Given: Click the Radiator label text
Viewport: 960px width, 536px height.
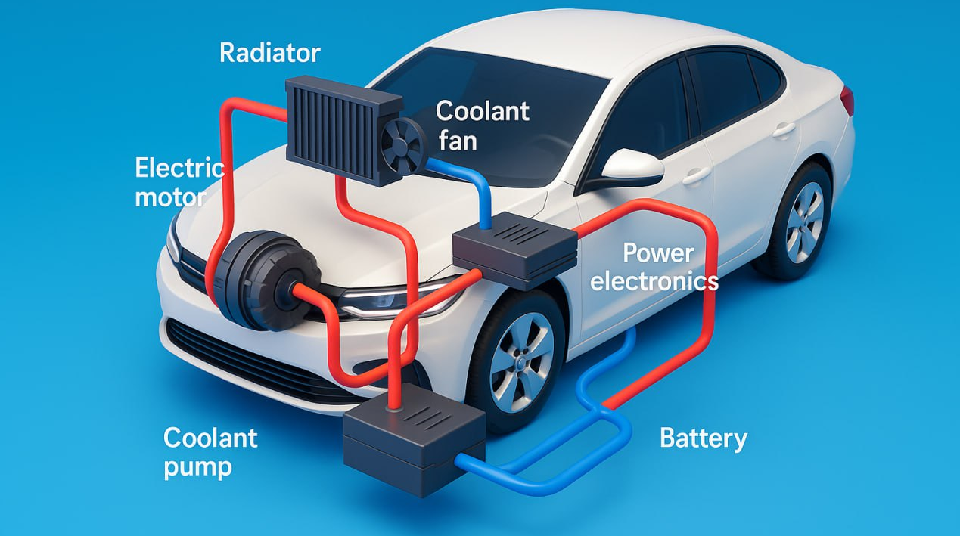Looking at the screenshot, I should coord(269,53).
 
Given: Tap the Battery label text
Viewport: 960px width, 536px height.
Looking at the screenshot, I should coord(703,438).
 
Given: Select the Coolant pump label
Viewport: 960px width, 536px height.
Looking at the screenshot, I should coord(210,451).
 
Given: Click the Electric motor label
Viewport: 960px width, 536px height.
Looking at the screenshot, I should coord(179,182).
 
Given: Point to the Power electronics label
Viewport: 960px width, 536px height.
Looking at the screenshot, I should coord(654,267).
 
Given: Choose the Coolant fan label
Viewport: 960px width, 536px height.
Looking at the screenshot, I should coord(482,125).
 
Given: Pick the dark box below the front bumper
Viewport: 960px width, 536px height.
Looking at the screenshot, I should coord(413,437).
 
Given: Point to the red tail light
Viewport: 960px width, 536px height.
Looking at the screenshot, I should coord(848,101).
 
